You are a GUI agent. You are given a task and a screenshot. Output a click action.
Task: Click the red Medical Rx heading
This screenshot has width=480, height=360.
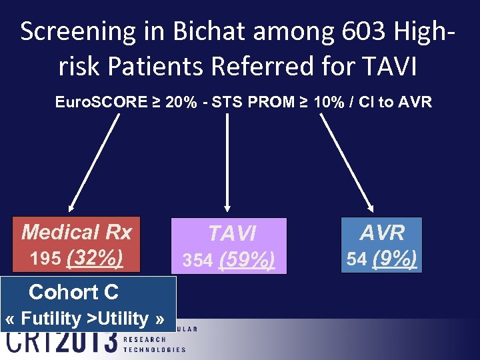pyautogui.click(x=77, y=232)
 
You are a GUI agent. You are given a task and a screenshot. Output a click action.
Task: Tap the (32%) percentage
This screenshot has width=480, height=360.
pyautogui.click(x=95, y=257)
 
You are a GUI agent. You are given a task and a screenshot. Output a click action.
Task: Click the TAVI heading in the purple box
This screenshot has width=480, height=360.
pyautogui.click(x=231, y=233)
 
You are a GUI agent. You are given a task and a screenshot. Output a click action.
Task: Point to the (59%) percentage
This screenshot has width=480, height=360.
pyautogui.click(x=245, y=260)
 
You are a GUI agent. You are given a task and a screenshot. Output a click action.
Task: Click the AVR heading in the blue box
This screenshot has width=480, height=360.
pyautogui.click(x=382, y=232)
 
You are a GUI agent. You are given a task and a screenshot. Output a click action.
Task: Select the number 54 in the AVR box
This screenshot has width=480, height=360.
pyautogui.click(x=357, y=259)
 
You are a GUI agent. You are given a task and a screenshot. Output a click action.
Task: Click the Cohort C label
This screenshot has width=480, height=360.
pyautogui.click(x=73, y=292)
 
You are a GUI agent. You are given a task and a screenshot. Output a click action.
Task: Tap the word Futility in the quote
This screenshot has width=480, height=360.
pyautogui.click(x=51, y=319)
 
